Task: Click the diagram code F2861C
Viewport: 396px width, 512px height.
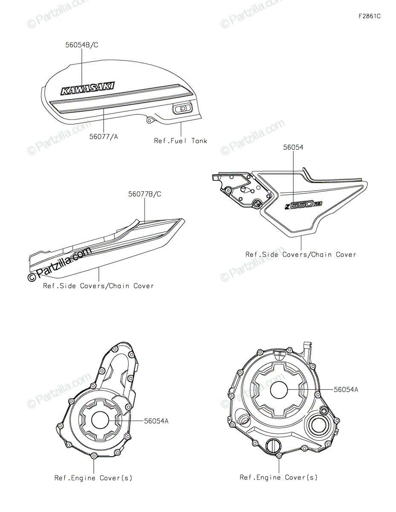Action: tap(369, 17)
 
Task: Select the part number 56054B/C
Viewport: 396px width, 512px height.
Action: tap(82, 45)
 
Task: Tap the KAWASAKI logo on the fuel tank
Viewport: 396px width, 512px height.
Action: tap(87, 88)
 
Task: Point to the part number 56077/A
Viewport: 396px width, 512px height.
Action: tap(104, 137)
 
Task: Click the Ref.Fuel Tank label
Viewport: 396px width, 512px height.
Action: tap(180, 141)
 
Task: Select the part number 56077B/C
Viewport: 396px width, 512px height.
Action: tap(145, 194)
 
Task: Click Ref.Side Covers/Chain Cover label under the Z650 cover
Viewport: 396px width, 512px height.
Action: tap(301, 254)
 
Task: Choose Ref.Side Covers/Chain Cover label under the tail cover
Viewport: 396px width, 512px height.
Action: tap(98, 286)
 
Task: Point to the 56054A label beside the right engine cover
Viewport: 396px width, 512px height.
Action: tap(346, 389)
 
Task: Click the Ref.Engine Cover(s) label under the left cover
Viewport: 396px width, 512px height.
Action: tap(93, 478)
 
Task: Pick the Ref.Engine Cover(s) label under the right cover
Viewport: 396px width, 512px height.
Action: tap(278, 477)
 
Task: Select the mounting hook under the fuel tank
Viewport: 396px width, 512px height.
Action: tap(149, 120)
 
